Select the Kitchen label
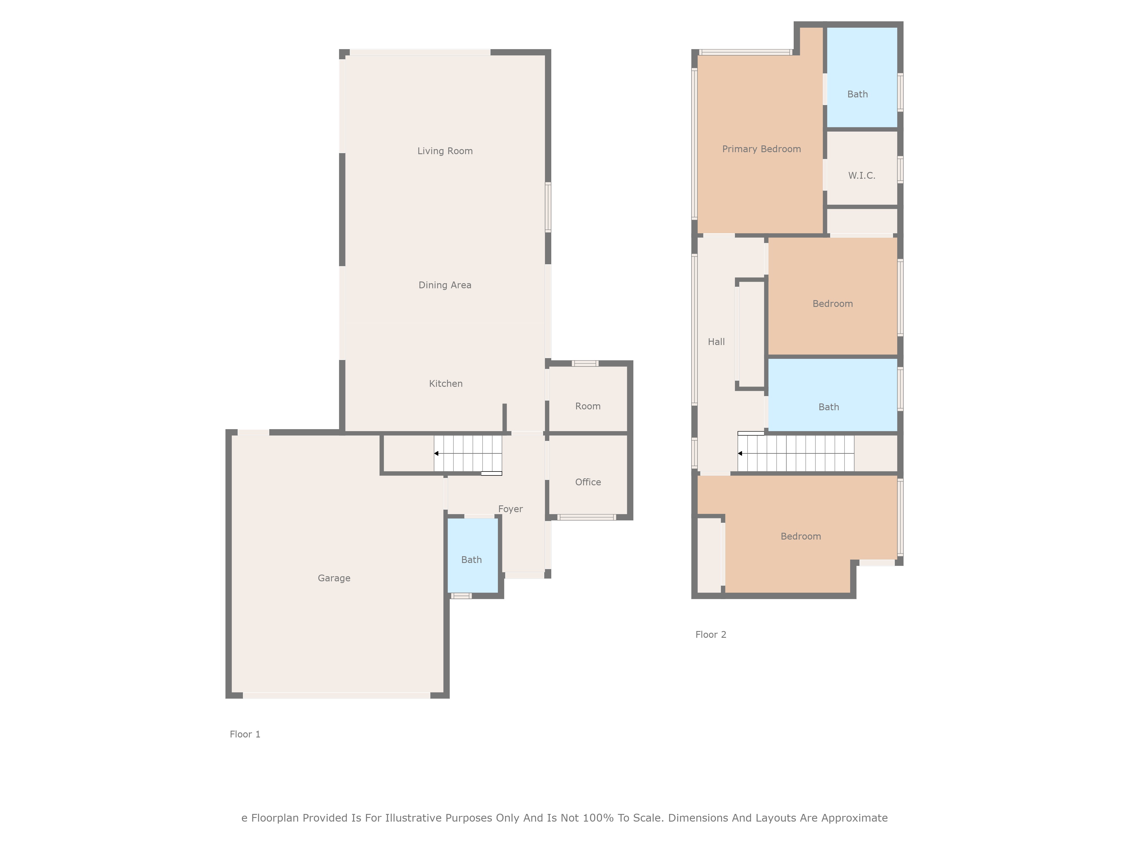pos(446,383)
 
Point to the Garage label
pos(334,578)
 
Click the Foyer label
pos(510,509)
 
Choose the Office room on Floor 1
pos(588,482)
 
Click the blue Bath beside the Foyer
pos(472,560)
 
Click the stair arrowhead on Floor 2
pos(740,453)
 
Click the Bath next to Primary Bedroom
pos(857,94)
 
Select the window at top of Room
pos(585,364)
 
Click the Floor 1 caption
pos(245,734)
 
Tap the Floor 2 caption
pos(710,635)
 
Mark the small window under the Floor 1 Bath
pos(461,596)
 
